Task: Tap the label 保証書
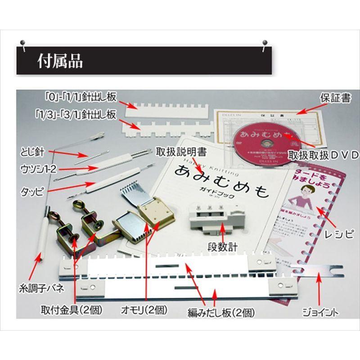point(335,98)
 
